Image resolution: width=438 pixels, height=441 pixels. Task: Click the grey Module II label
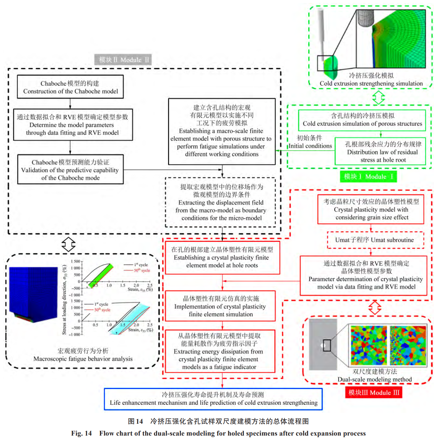click(123, 60)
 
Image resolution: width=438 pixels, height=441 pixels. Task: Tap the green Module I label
click(368, 176)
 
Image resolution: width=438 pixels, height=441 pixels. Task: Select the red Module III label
click(374, 393)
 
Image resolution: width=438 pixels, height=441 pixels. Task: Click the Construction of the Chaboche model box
click(70, 87)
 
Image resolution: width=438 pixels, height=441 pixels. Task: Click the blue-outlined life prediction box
click(213, 399)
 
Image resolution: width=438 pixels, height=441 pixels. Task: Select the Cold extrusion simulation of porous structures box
click(362, 120)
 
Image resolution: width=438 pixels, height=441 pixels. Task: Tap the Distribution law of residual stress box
click(382, 151)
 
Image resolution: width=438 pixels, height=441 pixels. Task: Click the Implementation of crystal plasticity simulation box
click(221, 306)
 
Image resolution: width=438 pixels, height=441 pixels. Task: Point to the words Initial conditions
click(310, 146)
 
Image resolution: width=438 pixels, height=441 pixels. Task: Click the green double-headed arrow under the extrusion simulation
click(378, 97)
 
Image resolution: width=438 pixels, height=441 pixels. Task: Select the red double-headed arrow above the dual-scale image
click(375, 308)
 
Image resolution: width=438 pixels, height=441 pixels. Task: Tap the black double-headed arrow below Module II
click(68, 244)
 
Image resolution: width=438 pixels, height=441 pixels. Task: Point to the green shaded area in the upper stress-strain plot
click(102, 276)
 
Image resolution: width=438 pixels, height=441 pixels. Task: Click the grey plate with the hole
click(322, 344)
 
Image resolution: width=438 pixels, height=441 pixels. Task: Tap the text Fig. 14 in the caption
click(81, 433)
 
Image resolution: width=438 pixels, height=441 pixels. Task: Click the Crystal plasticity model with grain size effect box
click(371, 209)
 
